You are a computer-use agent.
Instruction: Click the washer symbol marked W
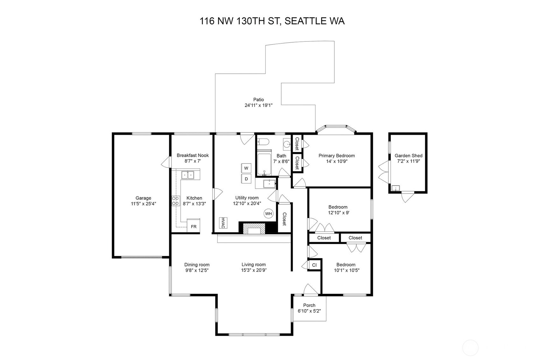(x=246, y=168)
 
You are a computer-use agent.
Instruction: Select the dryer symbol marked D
(x=246, y=179)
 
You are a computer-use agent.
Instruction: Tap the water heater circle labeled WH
(x=268, y=213)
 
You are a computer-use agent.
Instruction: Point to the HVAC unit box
(x=223, y=223)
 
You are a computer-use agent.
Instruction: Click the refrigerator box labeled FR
(x=193, y=226)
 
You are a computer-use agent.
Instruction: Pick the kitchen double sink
(x=188, y=175)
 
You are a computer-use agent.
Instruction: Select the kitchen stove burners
(x=176, y=201)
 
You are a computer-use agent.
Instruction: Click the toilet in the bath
(x=263, y=142)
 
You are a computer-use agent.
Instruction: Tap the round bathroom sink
(x=287, y=144)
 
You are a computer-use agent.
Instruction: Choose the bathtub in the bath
(x=264, y=163)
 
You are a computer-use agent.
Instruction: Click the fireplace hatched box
(x=254, y=229)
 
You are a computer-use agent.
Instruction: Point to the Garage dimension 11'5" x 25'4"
(x=144, y=204)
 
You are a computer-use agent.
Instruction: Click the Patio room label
(x=258, y=99)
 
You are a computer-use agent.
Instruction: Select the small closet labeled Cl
(x=314, y=265)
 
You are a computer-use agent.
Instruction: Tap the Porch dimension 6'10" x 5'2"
(x=309, y=311)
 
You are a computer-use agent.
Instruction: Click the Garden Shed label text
(x=409, y=156)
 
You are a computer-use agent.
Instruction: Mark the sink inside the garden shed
(x=396, y=188)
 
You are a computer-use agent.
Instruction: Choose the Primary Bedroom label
(x=337, y=156)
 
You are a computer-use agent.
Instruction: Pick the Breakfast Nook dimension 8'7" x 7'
(x=193, y=161)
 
